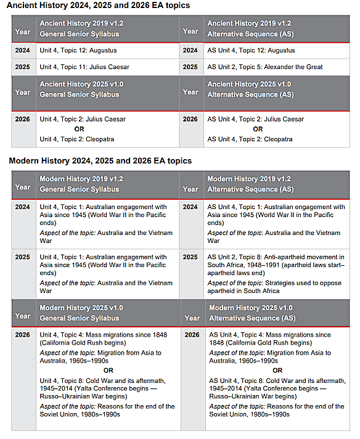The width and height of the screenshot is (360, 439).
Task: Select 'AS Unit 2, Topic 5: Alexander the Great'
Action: tap(264, 67)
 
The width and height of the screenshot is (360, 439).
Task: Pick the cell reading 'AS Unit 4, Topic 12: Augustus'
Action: tap(251, 50)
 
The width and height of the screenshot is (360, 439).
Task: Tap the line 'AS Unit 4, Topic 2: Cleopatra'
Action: tap(250, 139)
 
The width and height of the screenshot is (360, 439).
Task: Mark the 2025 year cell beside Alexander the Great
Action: tap(190, 67)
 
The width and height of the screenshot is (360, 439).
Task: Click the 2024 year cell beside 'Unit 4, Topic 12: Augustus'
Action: tap(22, 50)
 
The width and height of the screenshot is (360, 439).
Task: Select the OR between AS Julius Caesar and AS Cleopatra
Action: tap(258, 129)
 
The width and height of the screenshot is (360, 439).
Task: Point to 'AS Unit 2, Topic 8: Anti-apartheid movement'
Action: tap(276, 257)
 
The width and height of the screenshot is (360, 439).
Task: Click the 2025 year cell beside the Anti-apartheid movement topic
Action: tap(190, 257)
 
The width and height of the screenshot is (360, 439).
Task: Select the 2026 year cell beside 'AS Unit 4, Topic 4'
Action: tap(192, 335)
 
